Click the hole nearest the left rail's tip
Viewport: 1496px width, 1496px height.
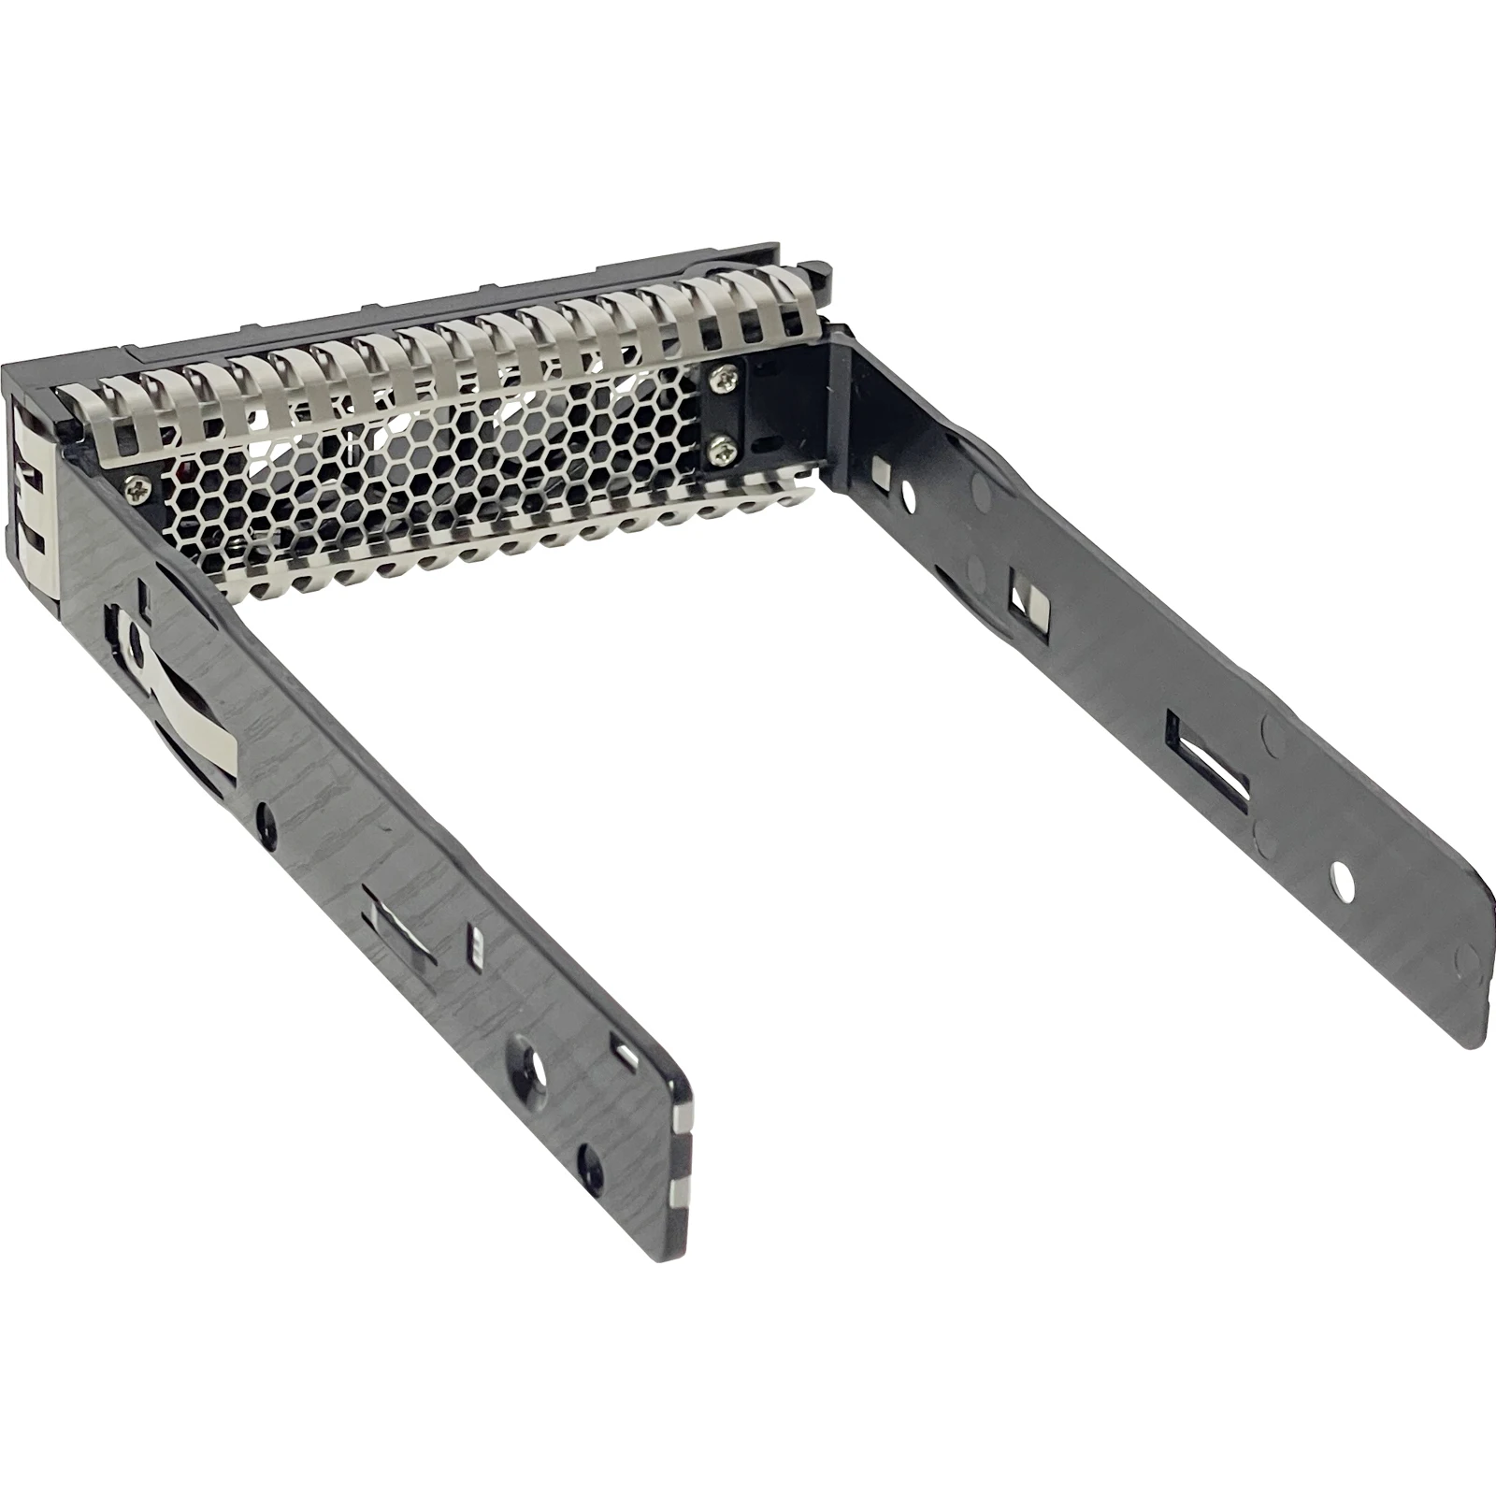pyautogui.click(x=590, y=1162)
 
